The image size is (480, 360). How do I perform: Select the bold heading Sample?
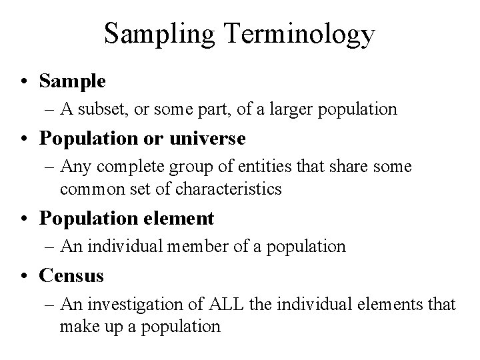pos(72,81)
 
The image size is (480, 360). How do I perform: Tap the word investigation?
pos(129,305)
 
